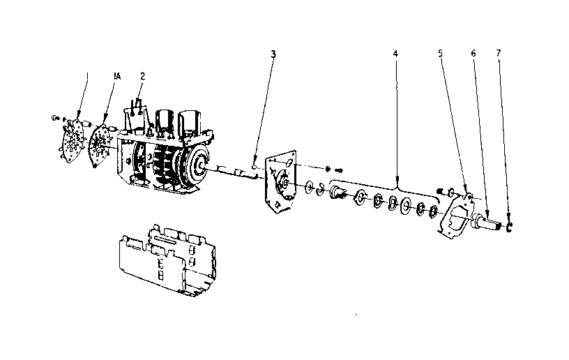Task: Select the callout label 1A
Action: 116,73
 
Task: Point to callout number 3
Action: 273,54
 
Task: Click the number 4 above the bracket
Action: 395,54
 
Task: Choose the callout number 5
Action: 441,54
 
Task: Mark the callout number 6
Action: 473,54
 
